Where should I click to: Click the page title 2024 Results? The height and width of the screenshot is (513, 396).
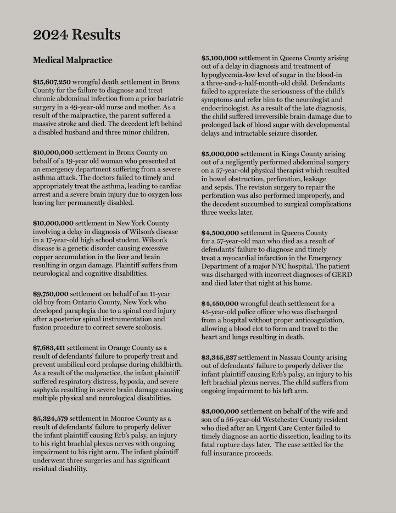pyautogui.click(x=76, y=35)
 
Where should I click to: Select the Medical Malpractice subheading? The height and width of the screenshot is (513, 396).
pyautogui.click(x=72, y=60)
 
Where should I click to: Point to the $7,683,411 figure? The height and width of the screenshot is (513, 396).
pyautogui.click(x=49, y=348)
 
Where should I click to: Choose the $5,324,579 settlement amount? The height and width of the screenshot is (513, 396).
pyautogui.click(x=50, y=419)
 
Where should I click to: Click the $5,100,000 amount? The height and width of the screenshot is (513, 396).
pyautogui.click(x=219, y=58)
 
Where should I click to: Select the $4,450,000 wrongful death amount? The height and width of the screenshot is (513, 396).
pyautogui.click(x=220, y=303)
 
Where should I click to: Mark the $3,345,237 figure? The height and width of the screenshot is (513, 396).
pyautogui.click(x=219, y=357)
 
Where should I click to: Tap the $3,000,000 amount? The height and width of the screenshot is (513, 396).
pyautogui.click(x=220, y=411)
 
